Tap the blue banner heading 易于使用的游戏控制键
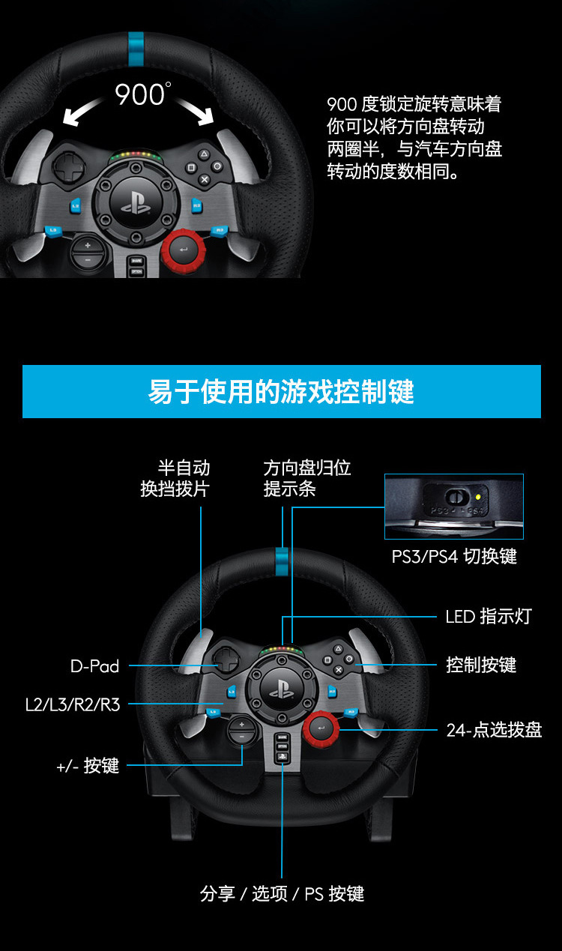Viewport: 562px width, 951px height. (281, 391)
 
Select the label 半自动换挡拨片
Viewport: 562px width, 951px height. (175, 478)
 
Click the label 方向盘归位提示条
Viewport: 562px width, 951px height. (306, 478)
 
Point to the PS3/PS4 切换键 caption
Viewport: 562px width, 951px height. (454, 557)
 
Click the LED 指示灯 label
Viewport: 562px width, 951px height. (489, 617)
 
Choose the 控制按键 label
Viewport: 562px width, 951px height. (481, 665)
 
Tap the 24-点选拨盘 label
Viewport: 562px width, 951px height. (494, 730)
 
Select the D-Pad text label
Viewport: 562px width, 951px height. (95, 666)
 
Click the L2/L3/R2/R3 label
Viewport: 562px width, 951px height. (73, 704)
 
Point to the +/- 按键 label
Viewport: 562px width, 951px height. (88, 766)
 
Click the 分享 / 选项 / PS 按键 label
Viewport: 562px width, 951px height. (282, 894)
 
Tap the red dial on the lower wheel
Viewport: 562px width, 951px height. (321, 728)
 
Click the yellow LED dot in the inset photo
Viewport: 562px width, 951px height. (477, 497)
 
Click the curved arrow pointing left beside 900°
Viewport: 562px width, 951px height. (82, 112)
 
